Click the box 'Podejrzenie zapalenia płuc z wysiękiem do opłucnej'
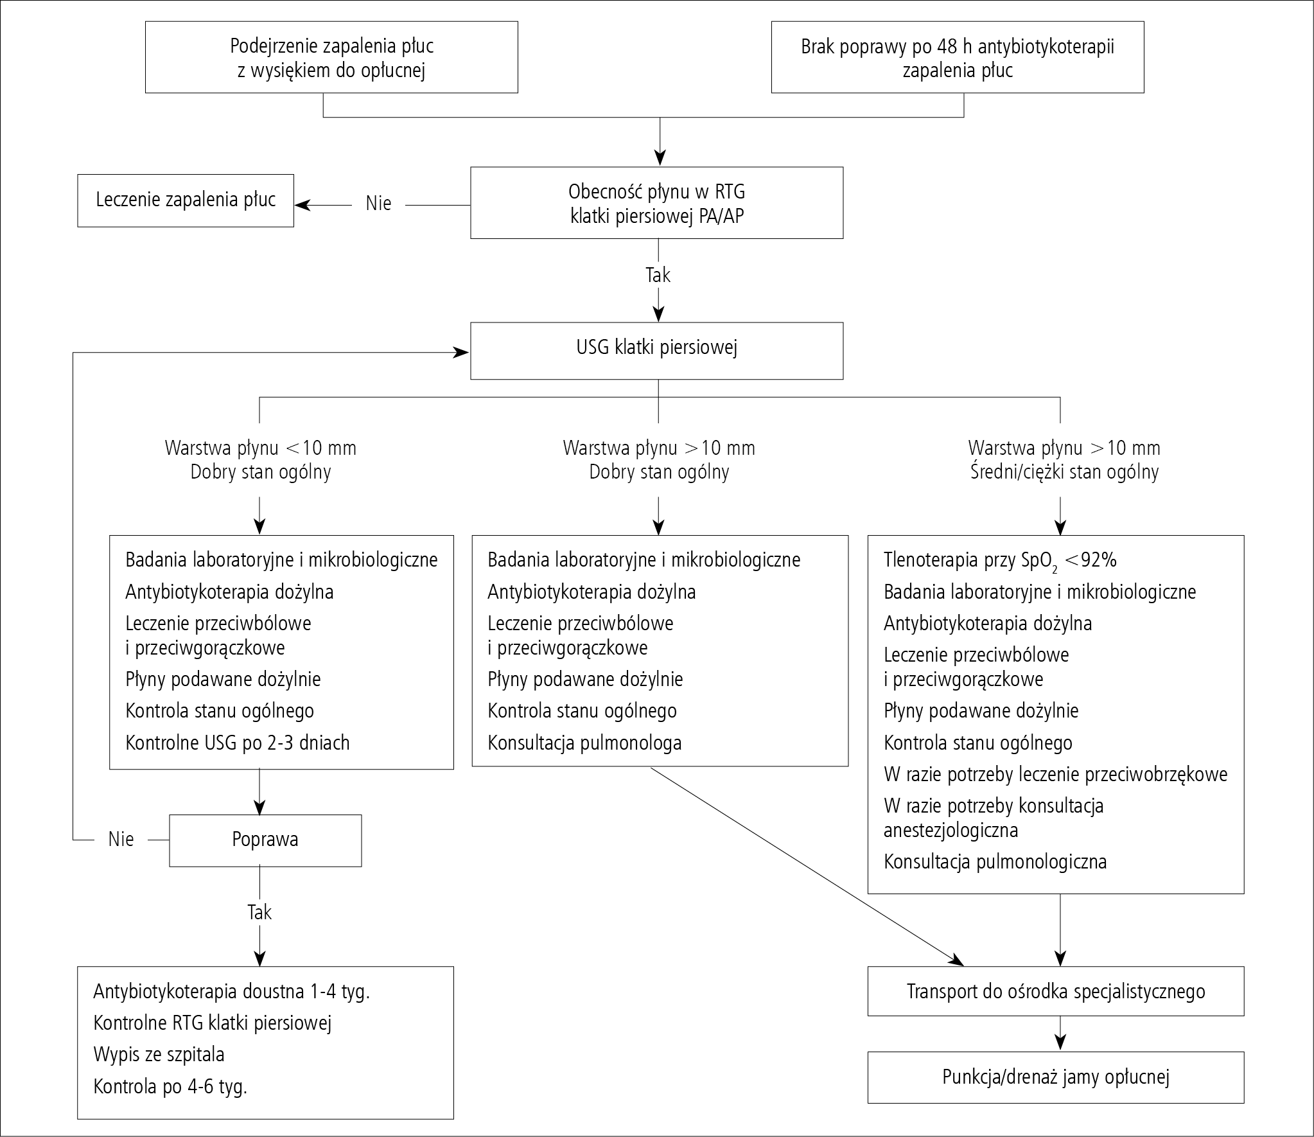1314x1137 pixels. [331, 57]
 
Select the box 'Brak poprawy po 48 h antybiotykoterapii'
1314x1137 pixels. [958, 57]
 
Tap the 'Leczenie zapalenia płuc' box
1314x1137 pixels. [186, 200]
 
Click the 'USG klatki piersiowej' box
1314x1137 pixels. [656, 351]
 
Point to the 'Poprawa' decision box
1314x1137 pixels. [265, 840]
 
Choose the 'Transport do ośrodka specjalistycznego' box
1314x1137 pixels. [1056, 991]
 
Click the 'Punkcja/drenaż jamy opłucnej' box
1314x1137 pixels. [1056, 1077]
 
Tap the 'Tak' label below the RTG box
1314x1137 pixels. [658, 275]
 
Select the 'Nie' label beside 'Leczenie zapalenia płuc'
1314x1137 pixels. [378, 204]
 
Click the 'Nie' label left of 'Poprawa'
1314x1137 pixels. [121, 840]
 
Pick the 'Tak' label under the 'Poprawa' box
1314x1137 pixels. [259, 912]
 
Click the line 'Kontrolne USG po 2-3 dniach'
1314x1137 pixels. [238, 743]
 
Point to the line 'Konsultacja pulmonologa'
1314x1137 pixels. [584, 743]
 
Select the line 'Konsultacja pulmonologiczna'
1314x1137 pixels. [995, 861]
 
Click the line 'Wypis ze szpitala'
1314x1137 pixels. [159, 1055]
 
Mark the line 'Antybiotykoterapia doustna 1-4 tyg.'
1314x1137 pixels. [232, 992]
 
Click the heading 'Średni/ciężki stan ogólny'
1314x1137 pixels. [1064, 473]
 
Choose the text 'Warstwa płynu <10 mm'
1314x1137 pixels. [261, 448]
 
